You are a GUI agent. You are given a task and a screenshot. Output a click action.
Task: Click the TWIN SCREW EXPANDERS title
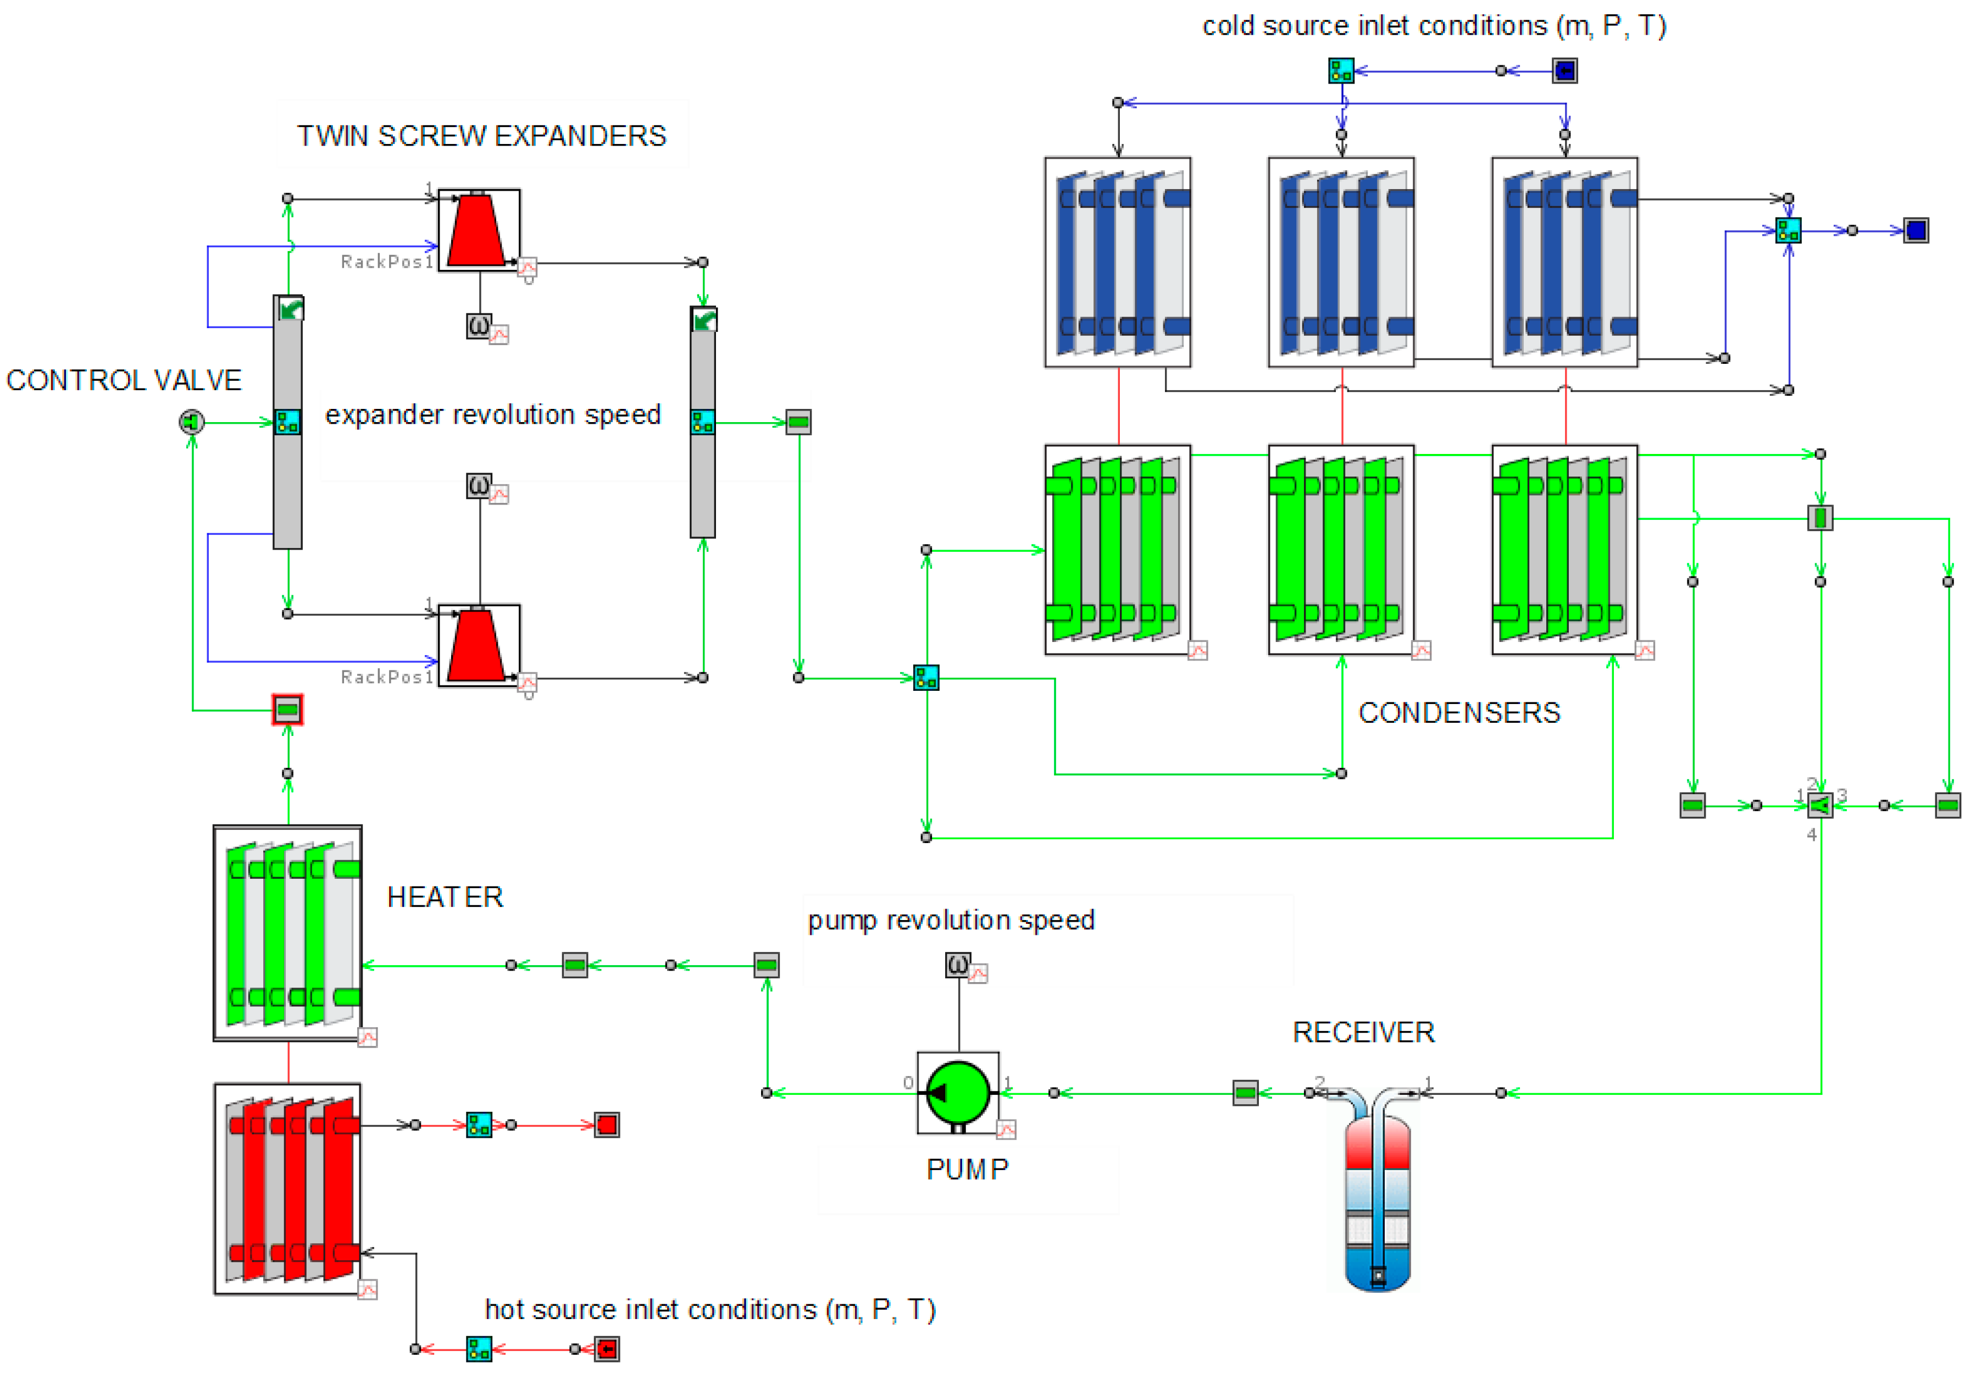(x=481, y=136)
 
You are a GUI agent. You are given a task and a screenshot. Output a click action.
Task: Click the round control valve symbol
(x=191, y=422)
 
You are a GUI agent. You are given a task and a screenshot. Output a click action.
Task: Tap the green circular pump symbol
(x=958, y=1093)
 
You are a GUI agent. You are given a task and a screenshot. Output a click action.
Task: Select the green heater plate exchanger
(x=287, y=933)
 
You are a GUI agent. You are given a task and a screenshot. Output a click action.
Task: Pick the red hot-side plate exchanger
(x=287, y=1189)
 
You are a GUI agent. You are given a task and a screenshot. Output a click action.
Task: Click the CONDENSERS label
(x=1459, y=713)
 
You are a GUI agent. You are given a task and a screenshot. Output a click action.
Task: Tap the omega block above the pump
(x=958, y=964)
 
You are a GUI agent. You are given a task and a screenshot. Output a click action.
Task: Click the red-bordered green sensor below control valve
(x=287, y=710)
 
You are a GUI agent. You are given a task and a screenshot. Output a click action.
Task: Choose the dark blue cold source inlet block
(x=1564, y=70)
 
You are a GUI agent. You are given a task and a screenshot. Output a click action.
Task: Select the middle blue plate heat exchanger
(x=1341, y=263)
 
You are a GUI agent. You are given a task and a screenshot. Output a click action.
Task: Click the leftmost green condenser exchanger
(x=1117, y=550)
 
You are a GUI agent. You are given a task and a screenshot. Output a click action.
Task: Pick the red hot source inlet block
(x=607, y=1349)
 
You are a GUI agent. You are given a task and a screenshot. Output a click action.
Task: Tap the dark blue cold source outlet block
(x=1916, y=231)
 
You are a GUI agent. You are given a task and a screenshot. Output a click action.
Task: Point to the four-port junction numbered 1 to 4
(x=1820, y=806)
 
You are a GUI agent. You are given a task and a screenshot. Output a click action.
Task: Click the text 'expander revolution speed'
(x=492, y=415)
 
